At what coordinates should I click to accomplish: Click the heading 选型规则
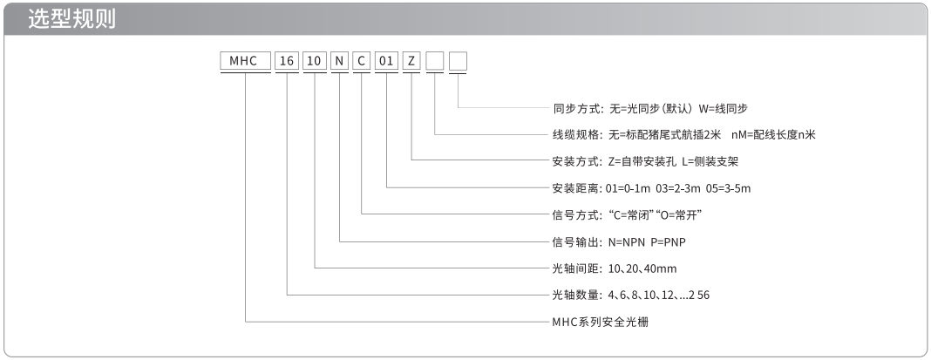pyautogui.click(x=71, y=19)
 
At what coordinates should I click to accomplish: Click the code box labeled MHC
pyautogui.click(x=246, y=61)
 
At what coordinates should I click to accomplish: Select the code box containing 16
pyautogui.click(x=287, y=61)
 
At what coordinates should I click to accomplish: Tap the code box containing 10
pyautogui.click(x=315, y=61)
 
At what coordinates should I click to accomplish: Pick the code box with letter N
pyautogui.click(x=340, y=61)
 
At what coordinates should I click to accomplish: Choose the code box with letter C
pyautogui.click(x=362, y=61)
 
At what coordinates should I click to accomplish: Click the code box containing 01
pyautogui.click(x=386, y=61)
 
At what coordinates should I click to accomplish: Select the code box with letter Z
pyautogui.click(x=411, y=61)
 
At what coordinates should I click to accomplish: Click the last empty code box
pyautogui.click(x=458, y=61)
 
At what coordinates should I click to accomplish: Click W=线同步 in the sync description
pyautogui.click(x=724, y=109)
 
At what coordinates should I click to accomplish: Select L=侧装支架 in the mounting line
pyautogui.click(x=710, y=161)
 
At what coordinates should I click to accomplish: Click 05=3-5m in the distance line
pyautogui.click(x=729, y=188)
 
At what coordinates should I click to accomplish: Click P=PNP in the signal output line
pyautogui.click(x=669, y=241)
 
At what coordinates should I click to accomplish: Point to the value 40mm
pyautogui.click(x=660, y=268)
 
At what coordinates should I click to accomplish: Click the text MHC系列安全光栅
pyautogui.click(x=601, y=322)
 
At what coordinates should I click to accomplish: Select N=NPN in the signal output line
pyautogui.click(x=626, y=241)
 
